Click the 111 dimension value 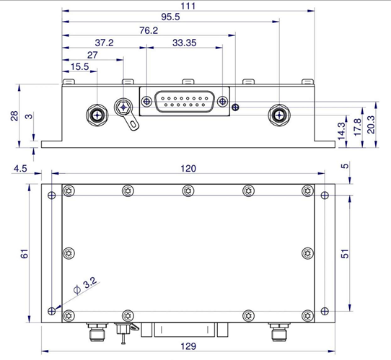tap(188, 6)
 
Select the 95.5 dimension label tap(170, 17)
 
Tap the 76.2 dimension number tap(149, 30)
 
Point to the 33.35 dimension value tap(184, 43)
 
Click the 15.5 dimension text tap(80, 67)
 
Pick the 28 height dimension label tap(14, 116)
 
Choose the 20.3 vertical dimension tap(371, 124)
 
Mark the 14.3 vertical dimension tap(341, 131)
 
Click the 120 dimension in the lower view tap(188, 169)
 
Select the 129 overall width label tap(188, 346)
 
